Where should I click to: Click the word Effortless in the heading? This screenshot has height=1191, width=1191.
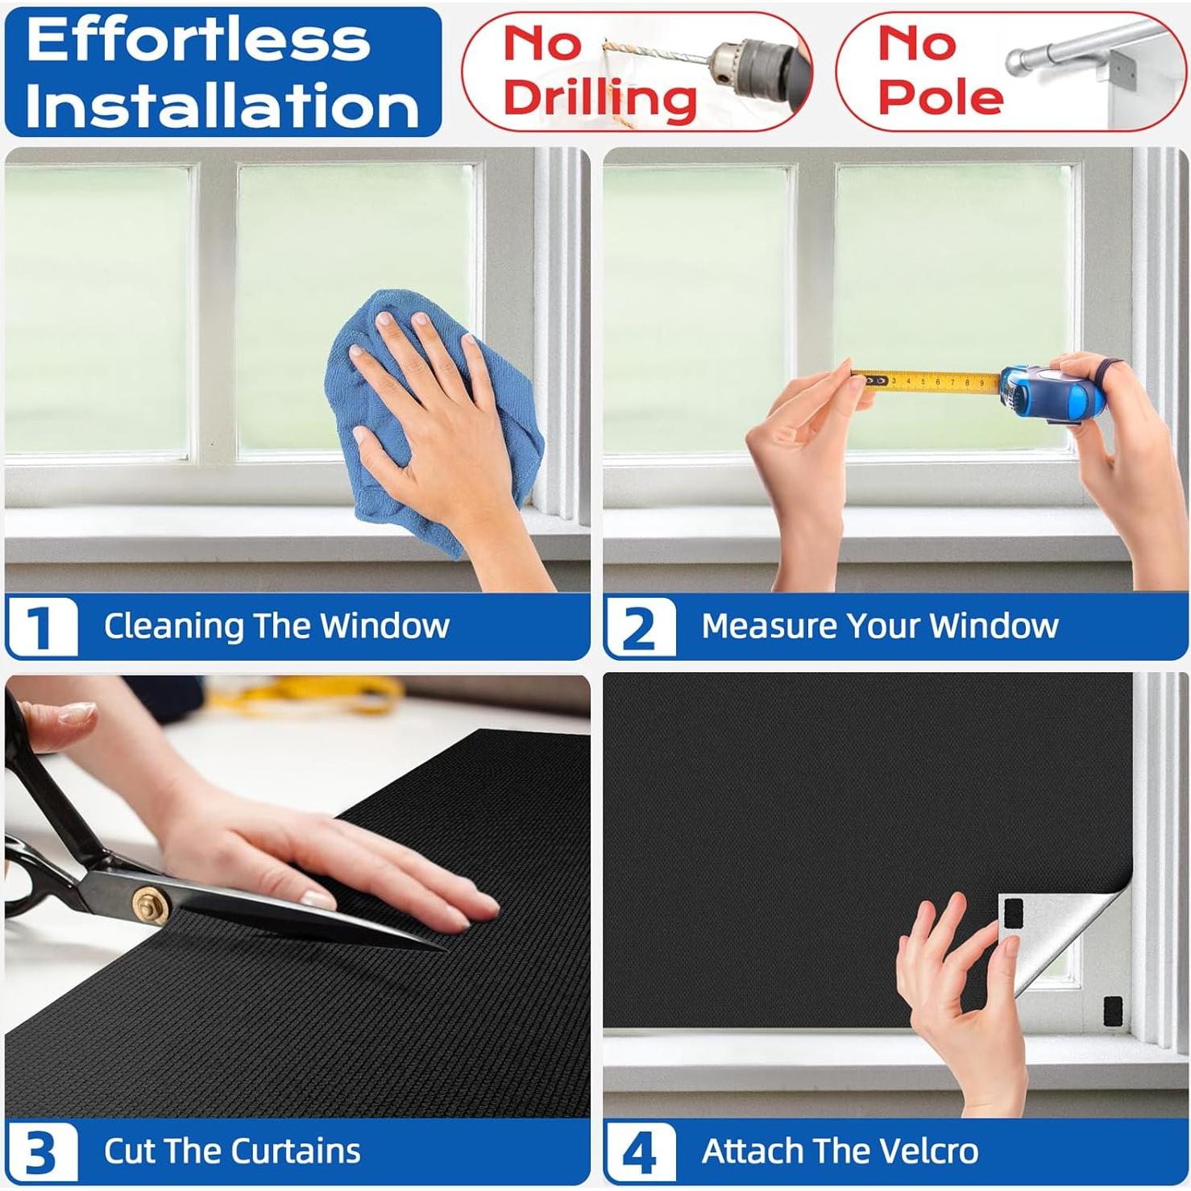point(198,39)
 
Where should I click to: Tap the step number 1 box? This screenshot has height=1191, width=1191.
point(43,626)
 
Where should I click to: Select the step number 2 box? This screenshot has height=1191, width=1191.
point(641,626)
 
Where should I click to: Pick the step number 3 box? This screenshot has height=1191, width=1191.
point(43,1152)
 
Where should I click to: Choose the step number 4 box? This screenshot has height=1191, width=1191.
point(641,1152)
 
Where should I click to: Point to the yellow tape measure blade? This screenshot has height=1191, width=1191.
point(927,381)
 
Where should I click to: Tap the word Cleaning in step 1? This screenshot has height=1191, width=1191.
point(173,626)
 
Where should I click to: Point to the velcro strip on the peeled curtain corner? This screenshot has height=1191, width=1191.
point(1011,914)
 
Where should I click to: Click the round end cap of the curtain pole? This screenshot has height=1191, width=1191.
point(1018,61)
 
